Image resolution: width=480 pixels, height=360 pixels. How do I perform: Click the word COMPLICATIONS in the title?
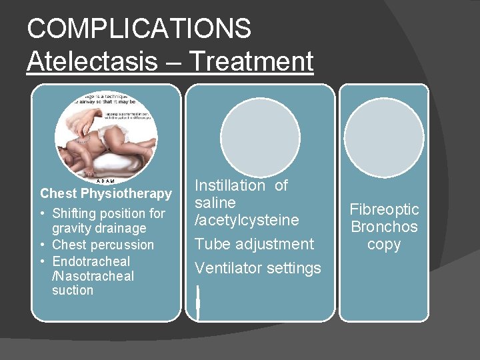(139, 29)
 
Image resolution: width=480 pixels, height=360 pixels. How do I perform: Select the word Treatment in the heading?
(251, 61)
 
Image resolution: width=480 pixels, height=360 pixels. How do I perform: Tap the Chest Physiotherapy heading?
(106, 193)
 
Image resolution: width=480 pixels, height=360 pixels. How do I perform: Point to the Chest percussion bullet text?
(103, 245)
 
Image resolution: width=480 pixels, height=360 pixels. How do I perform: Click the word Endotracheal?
(91, 261)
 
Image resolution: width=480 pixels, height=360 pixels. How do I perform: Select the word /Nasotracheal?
(93, 275)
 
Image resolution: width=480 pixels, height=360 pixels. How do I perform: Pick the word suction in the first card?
(73, 290)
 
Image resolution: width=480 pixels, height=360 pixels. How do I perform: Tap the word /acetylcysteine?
(247, 219)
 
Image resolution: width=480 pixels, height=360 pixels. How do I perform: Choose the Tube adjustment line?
(254, 244)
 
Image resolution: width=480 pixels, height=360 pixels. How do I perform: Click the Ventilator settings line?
(257, 268)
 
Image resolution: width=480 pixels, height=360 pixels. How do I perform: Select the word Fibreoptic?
(384, 209)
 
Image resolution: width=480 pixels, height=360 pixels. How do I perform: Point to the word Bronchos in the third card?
(384, 227)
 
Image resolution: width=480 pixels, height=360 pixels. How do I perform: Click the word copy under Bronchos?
(384, 244)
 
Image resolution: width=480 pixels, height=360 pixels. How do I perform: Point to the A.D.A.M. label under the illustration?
(105, 181)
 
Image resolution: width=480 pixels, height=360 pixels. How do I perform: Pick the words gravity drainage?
(99, 229)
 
